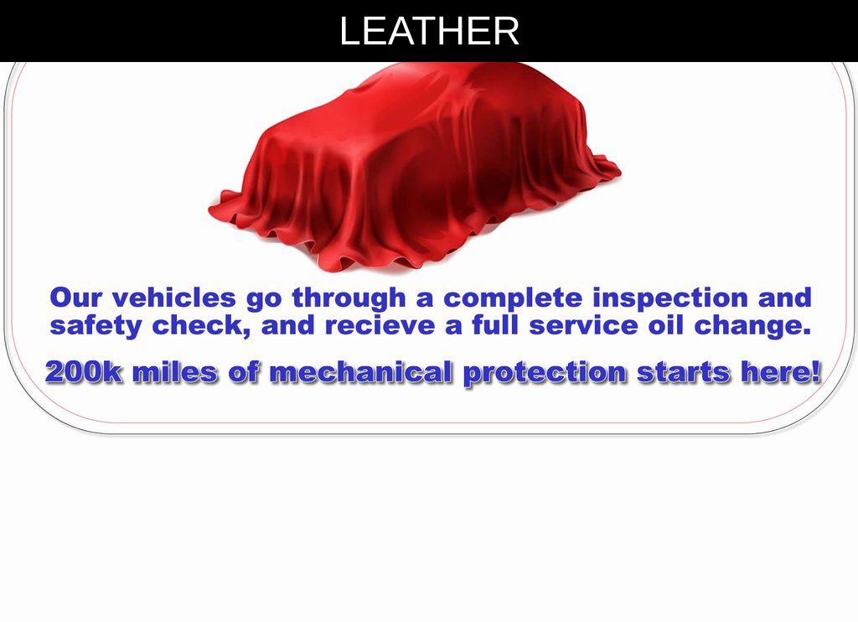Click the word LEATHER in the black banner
[x=429, y=31]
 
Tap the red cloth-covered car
[x=414, y=167]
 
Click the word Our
[x=75, y=298]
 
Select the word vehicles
[x=174, y=298]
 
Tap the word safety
[x=96, y=326]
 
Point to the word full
[x=495, y=324]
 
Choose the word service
[x=583, y=325]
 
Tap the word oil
[x=665, y=324]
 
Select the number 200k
[x=85, y=372]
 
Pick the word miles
[x=175, y=372]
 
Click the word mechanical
[x=361, y=372]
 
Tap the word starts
[x=684, y=373]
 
